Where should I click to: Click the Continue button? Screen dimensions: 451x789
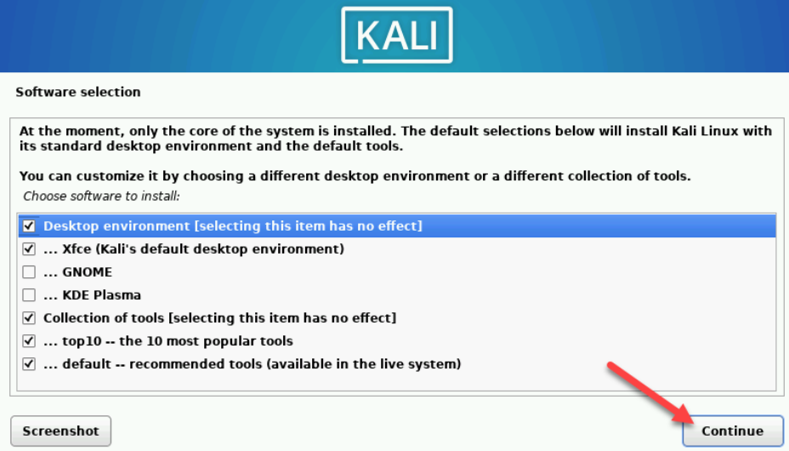(x=732, y=431)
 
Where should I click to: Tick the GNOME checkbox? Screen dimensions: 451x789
(x=29, y=272)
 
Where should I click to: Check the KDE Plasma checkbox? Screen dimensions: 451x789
(x=29, y=295)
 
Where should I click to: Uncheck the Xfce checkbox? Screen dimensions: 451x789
(x=29, y=249)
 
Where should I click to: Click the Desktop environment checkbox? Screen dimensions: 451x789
(x=29, y=226)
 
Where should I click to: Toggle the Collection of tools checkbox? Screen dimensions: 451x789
(x=29, y=318)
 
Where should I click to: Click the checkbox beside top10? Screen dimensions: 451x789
(x=29, y=341)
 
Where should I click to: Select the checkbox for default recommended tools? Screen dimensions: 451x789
(x=29, y=364)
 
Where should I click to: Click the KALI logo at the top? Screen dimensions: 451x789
(x=395, y=37)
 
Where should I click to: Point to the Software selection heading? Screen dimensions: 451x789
(x=78, y=92)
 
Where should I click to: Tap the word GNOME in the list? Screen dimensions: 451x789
(x=88, y=272)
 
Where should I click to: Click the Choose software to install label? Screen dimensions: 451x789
(x=102, y=197)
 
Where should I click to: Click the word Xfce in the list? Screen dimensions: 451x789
(x=78, y=249)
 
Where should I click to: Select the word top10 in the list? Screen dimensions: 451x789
(x=82, y=341)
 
